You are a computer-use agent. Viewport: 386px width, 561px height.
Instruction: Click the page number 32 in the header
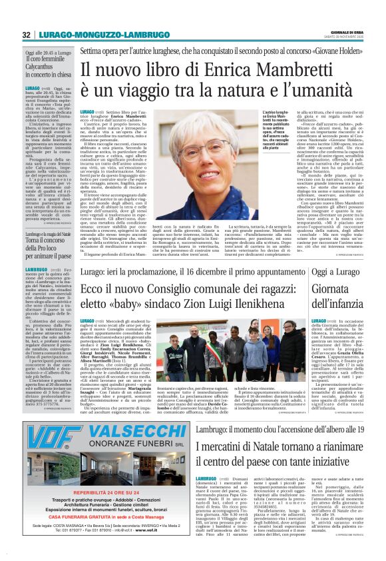[x=27, y=35]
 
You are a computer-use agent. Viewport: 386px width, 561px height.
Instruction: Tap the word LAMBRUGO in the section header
[x=128, y=35]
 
